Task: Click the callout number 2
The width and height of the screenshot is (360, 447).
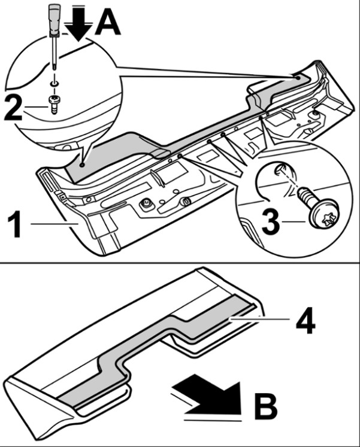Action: (x=13, y=108)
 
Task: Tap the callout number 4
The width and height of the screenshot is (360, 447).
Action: (x=305, y=321)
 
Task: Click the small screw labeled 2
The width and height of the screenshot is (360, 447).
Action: (x=54, y=104)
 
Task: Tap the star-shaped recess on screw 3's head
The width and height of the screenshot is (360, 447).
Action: (x=325, y=219)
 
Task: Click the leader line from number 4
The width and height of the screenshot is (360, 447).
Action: (x=259, y=320)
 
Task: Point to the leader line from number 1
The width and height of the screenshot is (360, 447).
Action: (x=55, y=224)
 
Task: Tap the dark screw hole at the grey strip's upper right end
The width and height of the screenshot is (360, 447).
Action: (x=297, y=77)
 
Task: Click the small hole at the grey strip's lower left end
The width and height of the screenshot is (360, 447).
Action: (x=82, y=165)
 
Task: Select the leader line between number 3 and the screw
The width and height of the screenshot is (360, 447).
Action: (x=294, y=221)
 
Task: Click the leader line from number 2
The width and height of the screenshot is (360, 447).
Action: (x=36, y=107)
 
